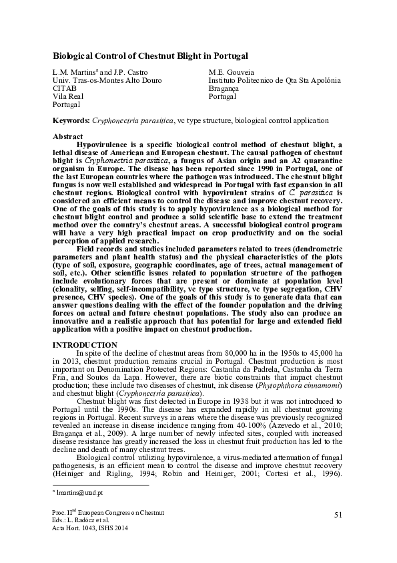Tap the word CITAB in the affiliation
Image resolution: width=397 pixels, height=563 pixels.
pos(65,88)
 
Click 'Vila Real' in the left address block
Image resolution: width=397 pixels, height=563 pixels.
pos(68,96)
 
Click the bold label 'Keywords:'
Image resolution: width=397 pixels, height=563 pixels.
pos(71,120)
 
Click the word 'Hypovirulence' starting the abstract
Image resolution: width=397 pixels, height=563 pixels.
pos(106,144)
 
